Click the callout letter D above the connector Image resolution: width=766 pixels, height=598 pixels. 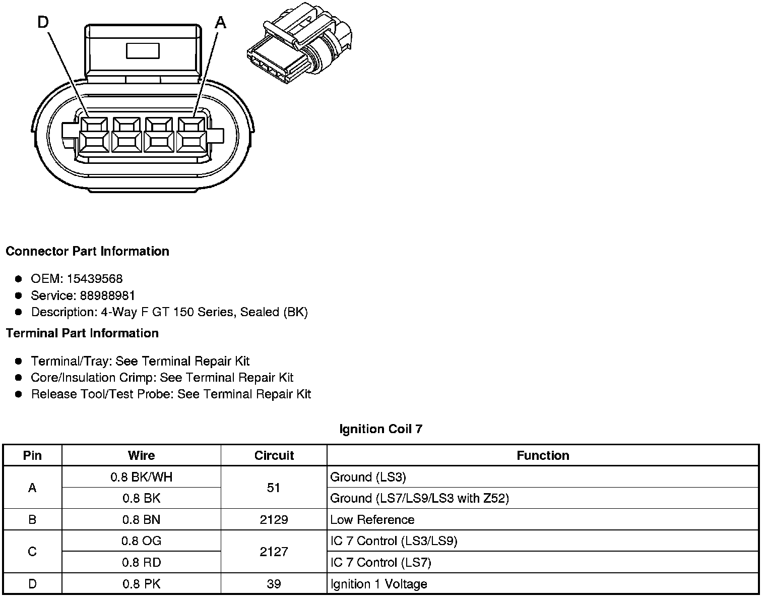click(43, 23)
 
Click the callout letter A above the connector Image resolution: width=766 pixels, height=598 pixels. click(221, 23)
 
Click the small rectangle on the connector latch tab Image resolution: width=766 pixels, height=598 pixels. click(143, 51)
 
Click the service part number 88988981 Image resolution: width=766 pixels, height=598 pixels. click(107, 295)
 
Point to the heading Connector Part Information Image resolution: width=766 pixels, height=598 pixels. click(87, 251)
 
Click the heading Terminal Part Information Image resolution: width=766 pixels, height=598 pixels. click(82, 333)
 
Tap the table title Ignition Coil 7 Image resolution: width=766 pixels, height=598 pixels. click(380, 429)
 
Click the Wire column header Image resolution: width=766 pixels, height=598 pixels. click(141, 455)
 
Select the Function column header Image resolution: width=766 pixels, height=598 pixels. click(543, 455)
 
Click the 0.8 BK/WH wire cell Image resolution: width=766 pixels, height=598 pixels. click(141, 477)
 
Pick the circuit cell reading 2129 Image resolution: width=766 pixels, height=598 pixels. click(274, 520)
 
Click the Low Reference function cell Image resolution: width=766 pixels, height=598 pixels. click(372, 520)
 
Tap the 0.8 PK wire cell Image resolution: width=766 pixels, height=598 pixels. click(141, 584)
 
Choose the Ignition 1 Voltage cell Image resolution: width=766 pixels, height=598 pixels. click(378, 584)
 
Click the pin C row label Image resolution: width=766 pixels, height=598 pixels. click(32, 552)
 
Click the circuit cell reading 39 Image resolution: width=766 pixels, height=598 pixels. click(274, 584)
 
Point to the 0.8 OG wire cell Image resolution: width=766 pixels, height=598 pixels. click(141, 541)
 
